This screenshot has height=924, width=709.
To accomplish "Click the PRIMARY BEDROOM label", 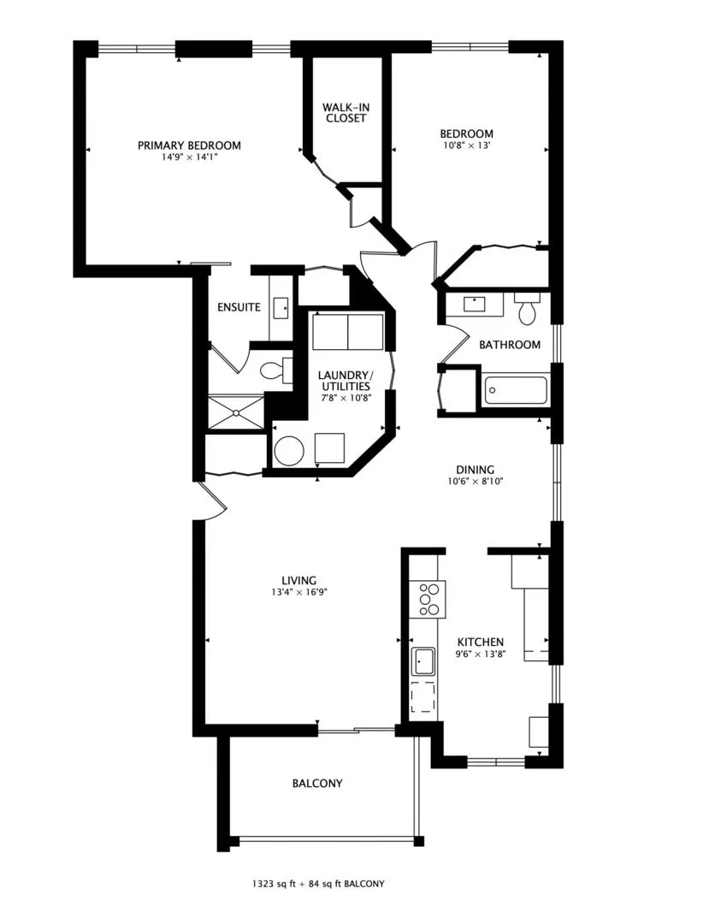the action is pos(189,145).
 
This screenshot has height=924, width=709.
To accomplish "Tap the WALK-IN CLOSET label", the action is pos(346,113).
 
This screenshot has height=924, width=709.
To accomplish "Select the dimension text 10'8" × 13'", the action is pos(467,145).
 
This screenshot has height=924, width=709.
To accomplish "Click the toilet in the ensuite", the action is pos(276,370).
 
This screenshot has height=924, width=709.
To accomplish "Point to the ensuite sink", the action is pos(281,307).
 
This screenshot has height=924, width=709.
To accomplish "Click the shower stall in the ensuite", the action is pos(237,412).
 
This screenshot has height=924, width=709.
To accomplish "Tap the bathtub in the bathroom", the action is pos(516,389).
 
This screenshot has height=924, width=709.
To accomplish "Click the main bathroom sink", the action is pos(475,304).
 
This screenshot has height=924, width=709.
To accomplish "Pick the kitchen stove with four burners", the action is pos(431,599).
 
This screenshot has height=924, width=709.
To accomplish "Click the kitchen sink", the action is pos(423,661).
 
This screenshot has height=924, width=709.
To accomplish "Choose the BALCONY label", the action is pos(317,783).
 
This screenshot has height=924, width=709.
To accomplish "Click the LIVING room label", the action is pos(299,580).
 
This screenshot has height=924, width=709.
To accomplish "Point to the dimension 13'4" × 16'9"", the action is pos(299,592).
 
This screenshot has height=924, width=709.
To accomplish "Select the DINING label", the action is pos(476,470).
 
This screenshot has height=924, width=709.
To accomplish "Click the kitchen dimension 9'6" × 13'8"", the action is pos(482,654).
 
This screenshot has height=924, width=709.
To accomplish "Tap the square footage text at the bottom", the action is pos(318,884).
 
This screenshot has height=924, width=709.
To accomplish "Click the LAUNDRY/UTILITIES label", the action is pos(345,381).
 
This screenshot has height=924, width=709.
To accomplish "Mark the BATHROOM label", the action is pos(510,345).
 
